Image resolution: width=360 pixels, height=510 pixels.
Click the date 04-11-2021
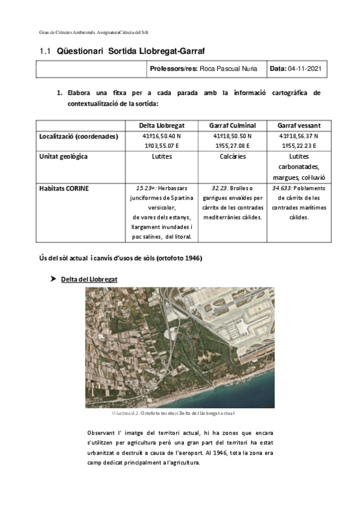tap(305, 69)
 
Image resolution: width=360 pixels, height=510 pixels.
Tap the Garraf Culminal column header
tap(232, 125)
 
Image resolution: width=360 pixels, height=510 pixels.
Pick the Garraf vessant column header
tap(299, 125)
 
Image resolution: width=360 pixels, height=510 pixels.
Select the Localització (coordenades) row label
tap(78, 137)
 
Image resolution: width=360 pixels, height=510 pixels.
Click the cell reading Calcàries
tap(232, 156)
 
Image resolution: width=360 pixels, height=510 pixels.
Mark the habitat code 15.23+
tap(146, 188)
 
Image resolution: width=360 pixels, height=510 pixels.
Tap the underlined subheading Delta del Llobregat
tap(89, 280)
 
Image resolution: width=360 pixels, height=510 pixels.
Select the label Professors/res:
tap(173, 69)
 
